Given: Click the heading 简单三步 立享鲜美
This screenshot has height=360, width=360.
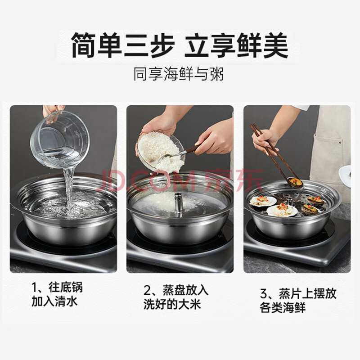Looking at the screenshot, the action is click(x=180, y=45).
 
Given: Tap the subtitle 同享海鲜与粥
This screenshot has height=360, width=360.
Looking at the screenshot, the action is click(x=179, y=74).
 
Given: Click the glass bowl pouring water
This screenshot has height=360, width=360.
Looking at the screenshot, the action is click(x=60, y=139).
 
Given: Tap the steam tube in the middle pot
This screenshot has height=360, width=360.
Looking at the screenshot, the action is click(x=178, y=202).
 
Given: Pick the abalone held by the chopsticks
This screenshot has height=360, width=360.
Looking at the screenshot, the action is click(x=295, y=182).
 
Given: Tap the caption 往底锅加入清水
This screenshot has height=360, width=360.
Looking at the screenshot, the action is click(x=57, y=294).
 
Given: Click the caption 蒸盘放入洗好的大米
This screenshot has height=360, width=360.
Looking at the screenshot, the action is click(x=176, y=297).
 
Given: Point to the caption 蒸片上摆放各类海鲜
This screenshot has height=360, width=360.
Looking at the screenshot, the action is click(x=298, y=300).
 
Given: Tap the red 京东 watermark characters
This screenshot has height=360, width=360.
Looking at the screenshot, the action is click(x=234, y=180).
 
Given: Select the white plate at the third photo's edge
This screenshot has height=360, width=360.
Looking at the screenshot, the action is click(x=345, y=176).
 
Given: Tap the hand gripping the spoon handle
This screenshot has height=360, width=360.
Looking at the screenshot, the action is click(x=213, y=138).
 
